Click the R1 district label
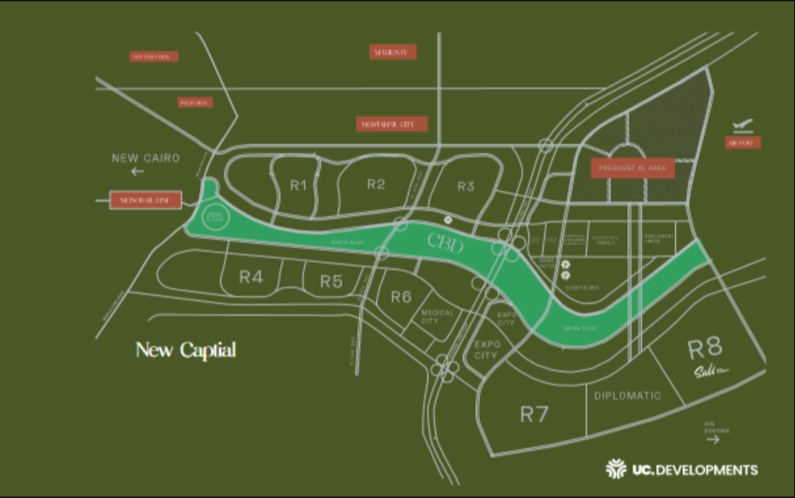point(299,184)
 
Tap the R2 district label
point(376,183)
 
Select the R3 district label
point(466,186)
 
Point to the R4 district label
point(251,278)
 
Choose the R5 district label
point(330,281)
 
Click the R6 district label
point(401,297)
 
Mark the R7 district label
point(534,414)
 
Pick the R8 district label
point(706,349)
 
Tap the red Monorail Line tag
point(145,201)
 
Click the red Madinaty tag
point(393,52)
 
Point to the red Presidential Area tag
point(633,168)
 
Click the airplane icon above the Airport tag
point(743,125)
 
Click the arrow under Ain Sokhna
point(714,440)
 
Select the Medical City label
point(438,316)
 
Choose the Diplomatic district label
point(627,396)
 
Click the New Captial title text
point(185,350)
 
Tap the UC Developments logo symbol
point(616,469)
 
